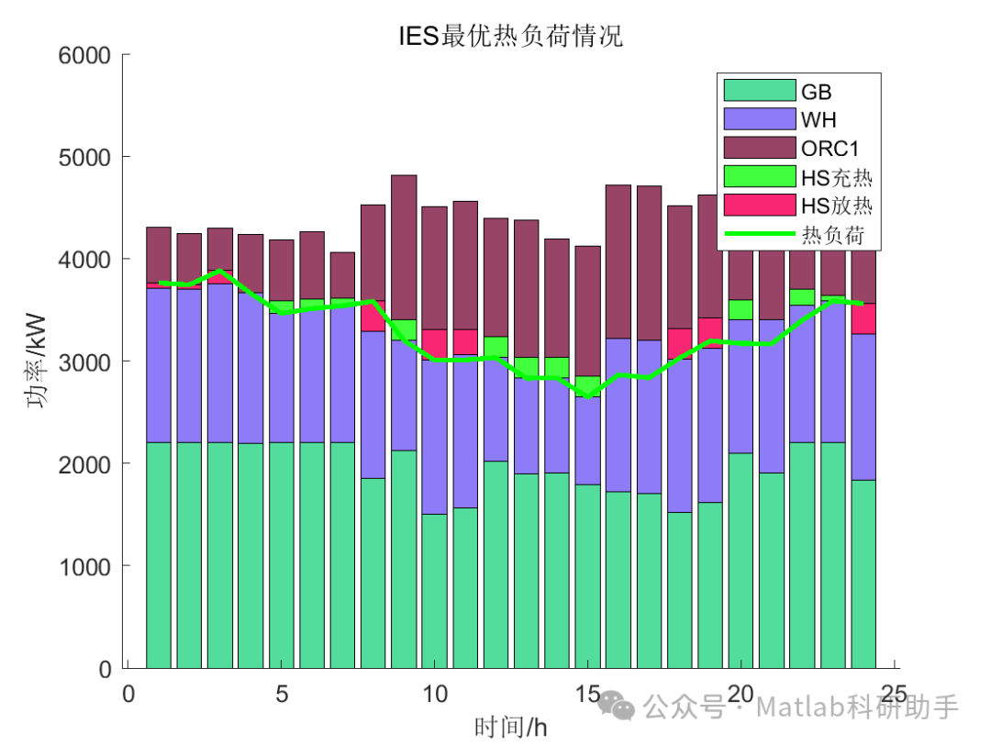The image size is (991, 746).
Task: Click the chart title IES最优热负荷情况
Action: (510, 36)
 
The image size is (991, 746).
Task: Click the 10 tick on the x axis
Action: (435, 693)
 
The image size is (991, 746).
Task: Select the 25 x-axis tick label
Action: (893, 693)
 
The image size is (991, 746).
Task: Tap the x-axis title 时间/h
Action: (510, 729)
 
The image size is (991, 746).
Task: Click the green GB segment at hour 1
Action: (159, 555)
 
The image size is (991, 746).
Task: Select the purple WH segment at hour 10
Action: (434, 437)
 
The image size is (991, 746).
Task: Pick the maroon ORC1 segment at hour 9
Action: (404, 247)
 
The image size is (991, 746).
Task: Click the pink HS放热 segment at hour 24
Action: (863, 318)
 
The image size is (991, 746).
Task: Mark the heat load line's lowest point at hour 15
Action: (587, 395)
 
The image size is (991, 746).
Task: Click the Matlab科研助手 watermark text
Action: (857, 707)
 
